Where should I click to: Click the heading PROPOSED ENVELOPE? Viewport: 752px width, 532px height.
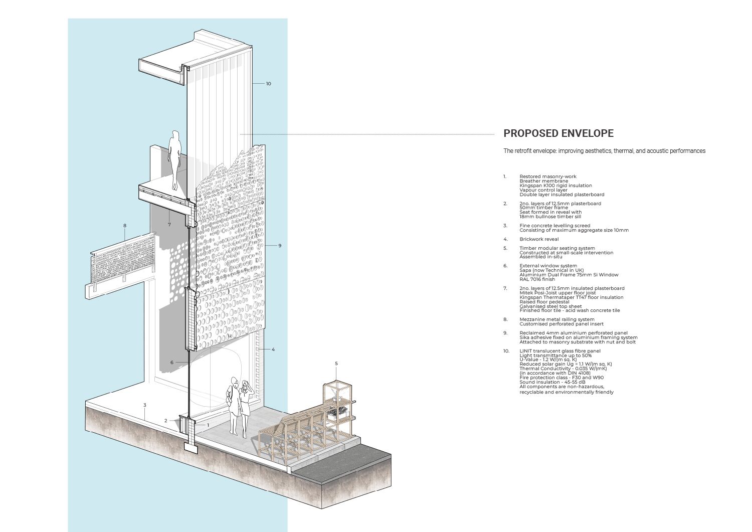click(558, 133)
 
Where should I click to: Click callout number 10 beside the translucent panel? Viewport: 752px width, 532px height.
click(268, 84)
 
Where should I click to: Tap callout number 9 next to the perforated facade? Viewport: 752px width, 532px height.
click(280, 246)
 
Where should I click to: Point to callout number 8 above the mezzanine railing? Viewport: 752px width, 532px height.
click(125, 226)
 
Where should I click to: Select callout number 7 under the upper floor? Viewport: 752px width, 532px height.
click(169, 225)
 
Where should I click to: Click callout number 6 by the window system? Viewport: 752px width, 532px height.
click(171, 363)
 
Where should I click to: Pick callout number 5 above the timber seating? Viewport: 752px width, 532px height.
click(336, 364)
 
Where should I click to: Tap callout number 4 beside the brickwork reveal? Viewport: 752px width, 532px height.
click(273, 349)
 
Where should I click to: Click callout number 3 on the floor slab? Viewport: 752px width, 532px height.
click(145, 405)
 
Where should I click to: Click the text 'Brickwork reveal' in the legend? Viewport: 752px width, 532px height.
click(539, 239)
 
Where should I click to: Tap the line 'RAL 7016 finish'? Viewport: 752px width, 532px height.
click(537, 279)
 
